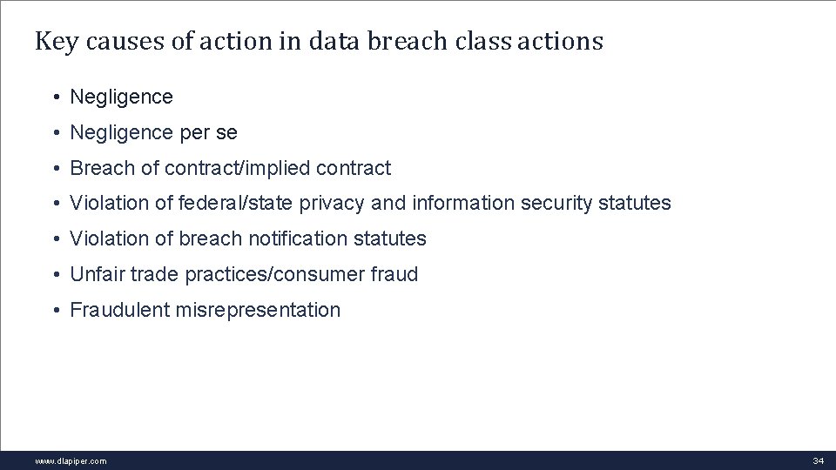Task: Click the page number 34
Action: pyautogui.click(x=818, y=460)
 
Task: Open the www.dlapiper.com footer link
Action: pyautogui.click(x=71, y=460)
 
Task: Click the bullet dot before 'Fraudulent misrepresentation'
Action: pyautogui.click(x=55, y=310)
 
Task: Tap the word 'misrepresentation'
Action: pyautogui.click(x=258, y=310)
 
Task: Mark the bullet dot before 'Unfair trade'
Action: pyautogui.click(x=55, y=274)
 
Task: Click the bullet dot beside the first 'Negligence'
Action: pyautogui.click(x=55, y=97)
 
